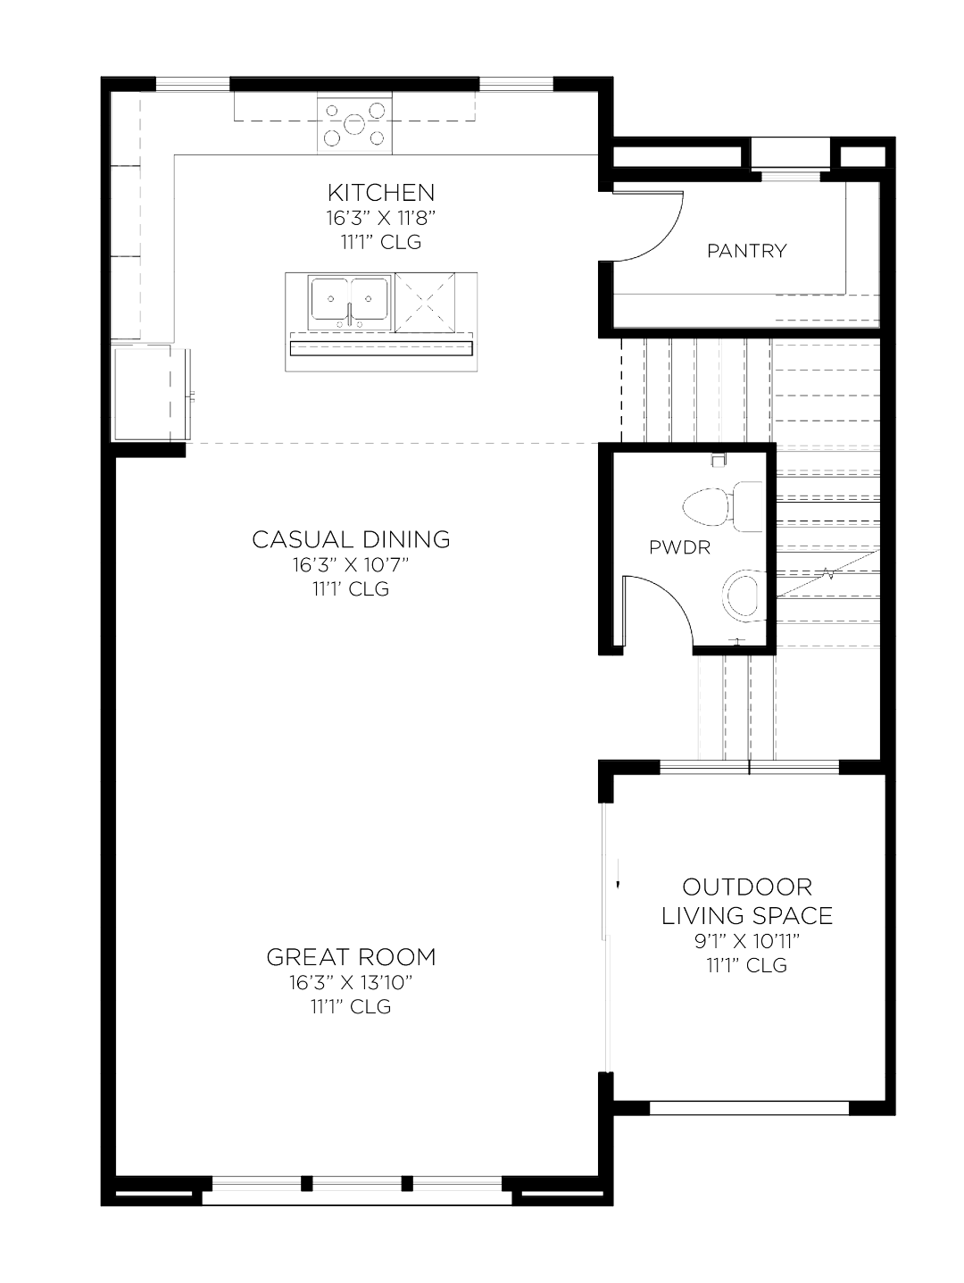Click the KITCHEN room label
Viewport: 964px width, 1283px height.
pyautogui.click(x=381, y=192)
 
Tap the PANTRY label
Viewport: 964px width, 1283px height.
pyautogui.click(x=747, y=251)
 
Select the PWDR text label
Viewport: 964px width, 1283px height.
pyautogui.click(x=679, y=547)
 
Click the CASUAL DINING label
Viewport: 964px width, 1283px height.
pyautogui.click(x=351, y=539)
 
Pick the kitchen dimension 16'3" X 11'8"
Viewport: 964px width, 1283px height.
pyautogui.click(x=381, y=218)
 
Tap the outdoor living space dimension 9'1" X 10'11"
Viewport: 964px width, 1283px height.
pyautogui.click(x=747, y=941)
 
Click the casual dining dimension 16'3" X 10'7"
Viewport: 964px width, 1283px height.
pyautogui.click(x=351, y=564)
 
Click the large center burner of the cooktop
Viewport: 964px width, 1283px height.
pyautogui.click(x=354, y=124)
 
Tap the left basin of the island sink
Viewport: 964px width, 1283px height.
pyautogui.click(x=329, y=299)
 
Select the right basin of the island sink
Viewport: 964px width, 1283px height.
pyautogui.click(x=369, y=299)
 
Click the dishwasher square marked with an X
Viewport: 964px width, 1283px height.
pyautogui.click(x=426, y=302)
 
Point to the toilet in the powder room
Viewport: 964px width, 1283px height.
pyautogui.click(x=722, y=507)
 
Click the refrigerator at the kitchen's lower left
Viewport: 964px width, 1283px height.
pyautogui.click(x=152, y=392)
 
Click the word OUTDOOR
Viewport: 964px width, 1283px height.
pyautogui.click(x=747, y=887)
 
